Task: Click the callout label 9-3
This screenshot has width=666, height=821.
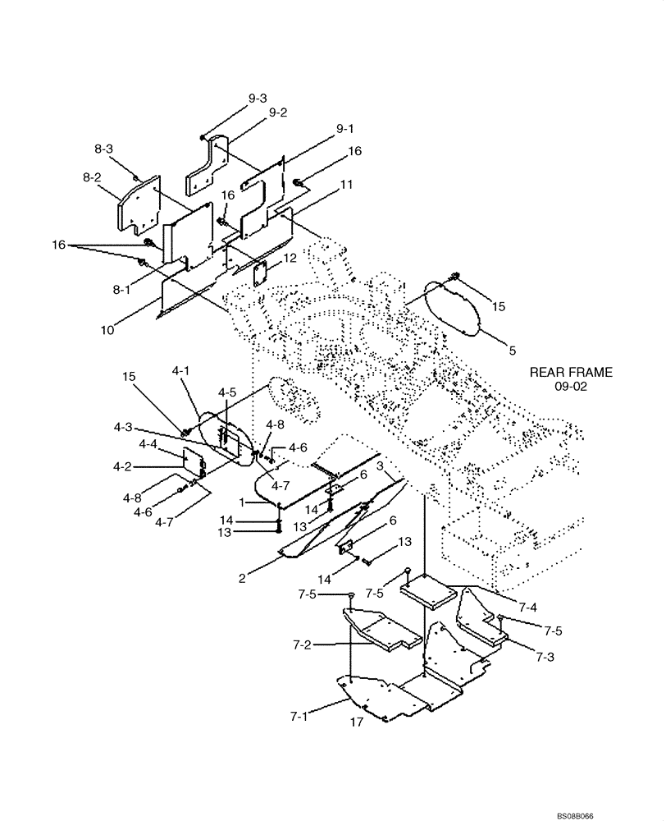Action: [257, 98]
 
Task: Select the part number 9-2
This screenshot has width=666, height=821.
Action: [278, 112]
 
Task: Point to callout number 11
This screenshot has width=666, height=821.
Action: [346, 186]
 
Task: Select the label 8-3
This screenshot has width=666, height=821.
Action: [103, 149]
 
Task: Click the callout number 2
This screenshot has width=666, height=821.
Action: [242, 578]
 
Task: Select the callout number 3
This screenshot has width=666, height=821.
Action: [380, 466]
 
